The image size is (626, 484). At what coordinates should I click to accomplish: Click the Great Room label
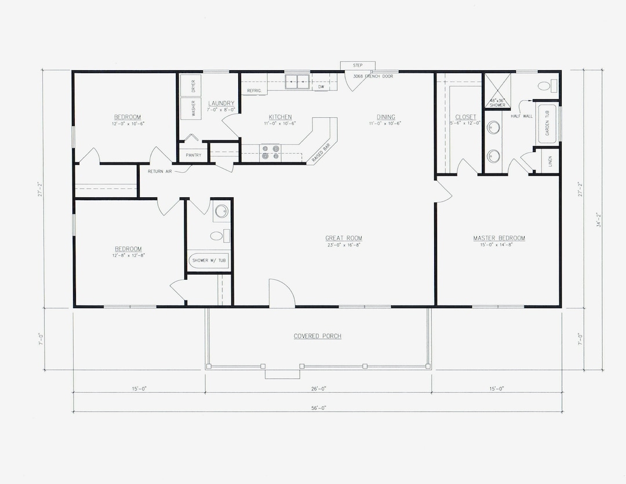click(344, 238)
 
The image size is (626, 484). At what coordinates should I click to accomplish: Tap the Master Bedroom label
click(498, 238)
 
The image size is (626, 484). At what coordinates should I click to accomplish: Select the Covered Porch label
click(317, 336)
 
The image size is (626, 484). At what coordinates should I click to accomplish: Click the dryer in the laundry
click(191, 85)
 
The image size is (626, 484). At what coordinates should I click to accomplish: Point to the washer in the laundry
click(191, 108)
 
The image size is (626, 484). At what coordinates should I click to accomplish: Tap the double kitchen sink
click(299, 81)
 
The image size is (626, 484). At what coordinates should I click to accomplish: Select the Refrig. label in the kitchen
click(254, 91)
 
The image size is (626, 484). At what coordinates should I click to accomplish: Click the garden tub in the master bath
click(547, 124)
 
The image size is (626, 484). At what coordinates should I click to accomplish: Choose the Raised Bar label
click(319, 152)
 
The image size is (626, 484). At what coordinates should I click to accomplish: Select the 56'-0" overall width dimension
click(317, 408)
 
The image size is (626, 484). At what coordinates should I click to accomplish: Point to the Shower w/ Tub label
click(209, 261)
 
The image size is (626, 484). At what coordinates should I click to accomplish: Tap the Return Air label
click(159, 172)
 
